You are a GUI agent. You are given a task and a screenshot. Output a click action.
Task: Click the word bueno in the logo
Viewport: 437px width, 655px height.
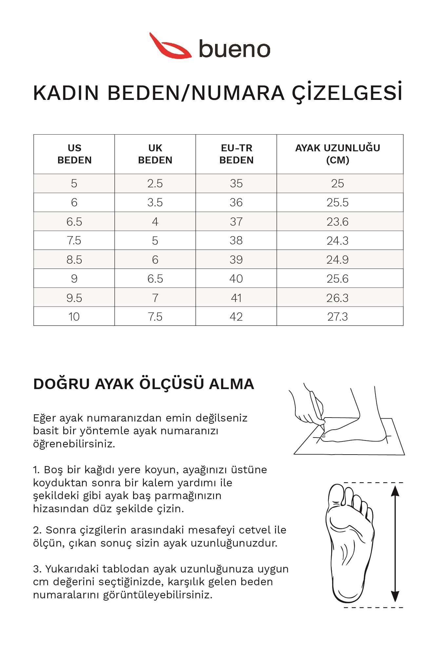tap(234, 49)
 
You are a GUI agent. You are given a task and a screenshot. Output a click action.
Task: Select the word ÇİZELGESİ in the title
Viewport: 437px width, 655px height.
tap(347, 93)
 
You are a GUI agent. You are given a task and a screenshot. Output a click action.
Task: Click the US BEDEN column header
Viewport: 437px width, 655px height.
tap(74, 154)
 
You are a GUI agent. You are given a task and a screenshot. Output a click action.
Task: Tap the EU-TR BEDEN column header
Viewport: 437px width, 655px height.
tap(236, 154)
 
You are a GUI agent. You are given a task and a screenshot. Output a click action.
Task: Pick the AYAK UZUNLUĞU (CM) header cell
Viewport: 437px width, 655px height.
tap(338, 154)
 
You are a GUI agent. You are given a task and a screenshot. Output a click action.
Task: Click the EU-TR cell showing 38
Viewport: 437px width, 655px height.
tap(236, 240)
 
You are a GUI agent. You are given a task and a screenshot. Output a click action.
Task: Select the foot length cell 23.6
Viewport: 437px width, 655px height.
tap(338, 222)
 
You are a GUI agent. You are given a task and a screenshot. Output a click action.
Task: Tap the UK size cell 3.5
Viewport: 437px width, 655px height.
tap(155, 202)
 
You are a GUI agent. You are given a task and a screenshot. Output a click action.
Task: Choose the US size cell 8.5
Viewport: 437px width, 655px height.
tap(74, 260)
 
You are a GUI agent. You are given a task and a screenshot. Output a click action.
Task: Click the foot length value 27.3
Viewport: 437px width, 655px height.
tap(338, 317)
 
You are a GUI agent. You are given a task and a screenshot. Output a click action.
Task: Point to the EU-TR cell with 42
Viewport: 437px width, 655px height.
tap(236, 317)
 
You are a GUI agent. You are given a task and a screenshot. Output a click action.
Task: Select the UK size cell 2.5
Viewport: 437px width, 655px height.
tap(155, 183)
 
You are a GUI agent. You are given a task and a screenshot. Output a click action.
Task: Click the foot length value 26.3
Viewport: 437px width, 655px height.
tap(338, 298)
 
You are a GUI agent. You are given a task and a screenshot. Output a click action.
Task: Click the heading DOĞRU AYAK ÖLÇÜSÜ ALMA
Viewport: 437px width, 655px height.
tap(144, 384)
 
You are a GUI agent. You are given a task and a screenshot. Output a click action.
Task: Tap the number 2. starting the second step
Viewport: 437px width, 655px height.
tap(37, 530)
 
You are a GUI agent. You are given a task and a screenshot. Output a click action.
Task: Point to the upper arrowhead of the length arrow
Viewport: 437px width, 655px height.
tap(395, 491)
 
